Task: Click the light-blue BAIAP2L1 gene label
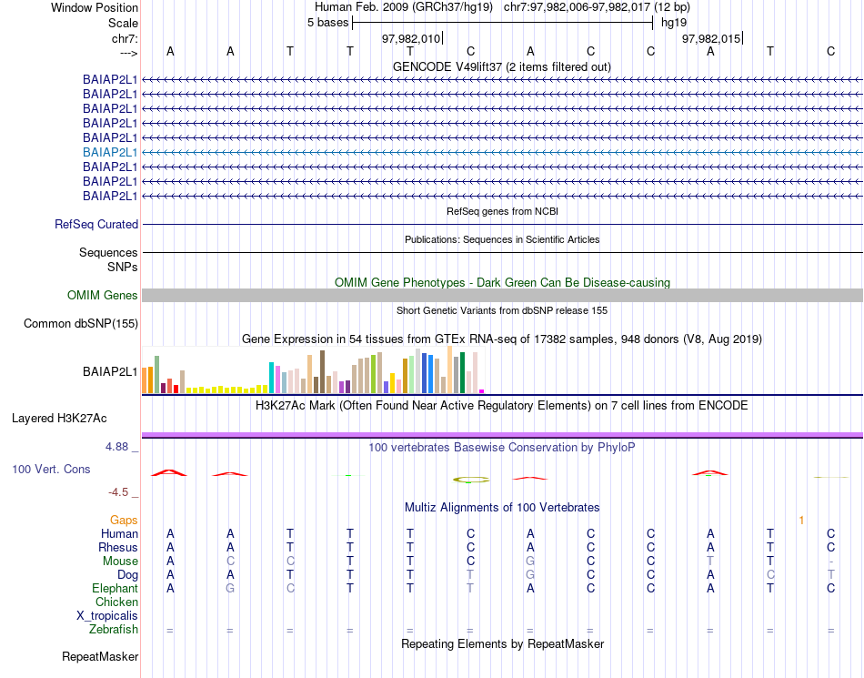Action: pyautogui.click(x=110, y=152)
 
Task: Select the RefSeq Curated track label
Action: pyautogui.click(x=96, y=224)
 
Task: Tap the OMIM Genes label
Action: pyautogui.click(x=103, y=295)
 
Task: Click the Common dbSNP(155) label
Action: pyautogui.click(x=81, y=323)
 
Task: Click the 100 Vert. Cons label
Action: pyautogui.click(x=51, y=469)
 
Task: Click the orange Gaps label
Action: pyautogui.click(x=124, y=520)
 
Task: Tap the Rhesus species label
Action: pyautogui.click(x=118, y=548)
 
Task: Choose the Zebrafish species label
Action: pyautogui.click(x=114, y=630)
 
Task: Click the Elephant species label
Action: pyautogui.click(x=115, y=589)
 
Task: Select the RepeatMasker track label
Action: pyautogui.click(x=100, y=656)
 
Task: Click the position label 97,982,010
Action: pyautogui.click(x=411, y=38)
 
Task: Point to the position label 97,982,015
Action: pyautogui.click(x=711, y=38)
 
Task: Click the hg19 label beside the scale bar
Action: pyautogui.click(x=674, y=22)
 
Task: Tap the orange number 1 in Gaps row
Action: pyautogui.click(x=801, y=520)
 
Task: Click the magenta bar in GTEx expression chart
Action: pyautogui.click(x=482, y=391)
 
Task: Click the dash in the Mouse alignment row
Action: pyautogui.click(x=830, y=562)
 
